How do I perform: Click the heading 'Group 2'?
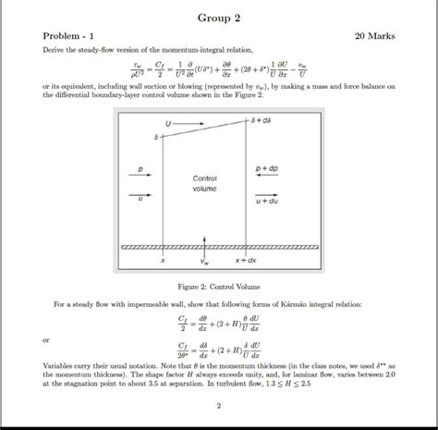point(218,18)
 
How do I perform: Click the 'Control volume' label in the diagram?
point(204,182)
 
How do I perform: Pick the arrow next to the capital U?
point(186,123)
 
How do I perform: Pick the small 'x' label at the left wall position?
point(162,261)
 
